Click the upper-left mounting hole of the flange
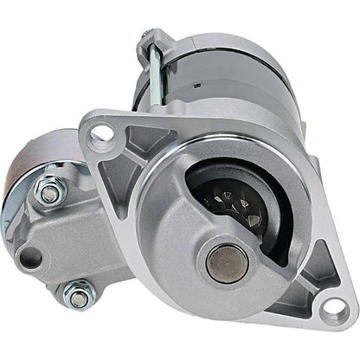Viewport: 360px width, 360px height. click(x=100, y=133)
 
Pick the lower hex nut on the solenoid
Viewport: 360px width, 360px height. click(x=80, y=296)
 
